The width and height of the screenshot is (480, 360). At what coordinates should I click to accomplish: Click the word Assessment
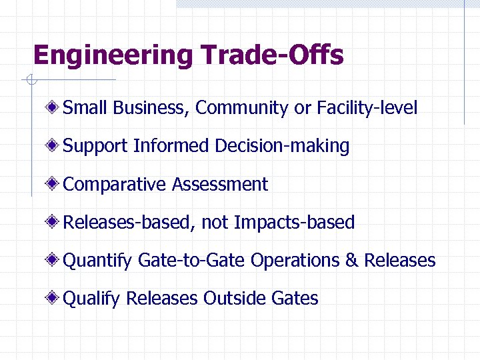(220, 184)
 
